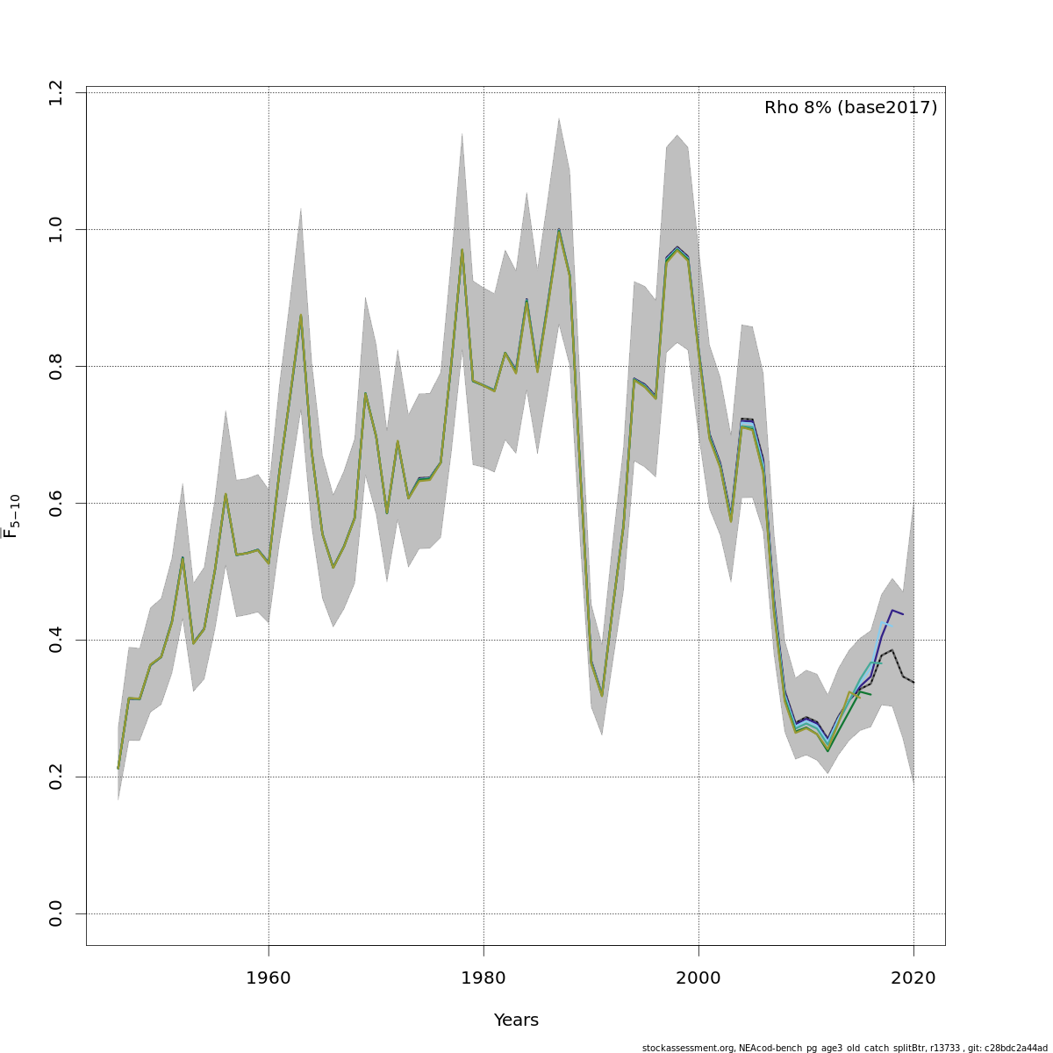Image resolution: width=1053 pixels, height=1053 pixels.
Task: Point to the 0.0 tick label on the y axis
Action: click(56, 913)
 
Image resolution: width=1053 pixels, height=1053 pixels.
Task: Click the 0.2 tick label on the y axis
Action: click(56, 777)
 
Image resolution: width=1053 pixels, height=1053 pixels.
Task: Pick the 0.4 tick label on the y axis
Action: click(56, 640)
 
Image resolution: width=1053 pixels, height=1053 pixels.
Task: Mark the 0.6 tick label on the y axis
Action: click(56, 503)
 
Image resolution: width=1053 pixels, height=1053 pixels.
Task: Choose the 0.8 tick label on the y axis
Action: click(56, 366)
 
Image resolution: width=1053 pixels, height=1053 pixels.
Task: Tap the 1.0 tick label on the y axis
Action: click(56, 229)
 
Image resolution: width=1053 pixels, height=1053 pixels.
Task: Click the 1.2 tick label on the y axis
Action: click(56, 92)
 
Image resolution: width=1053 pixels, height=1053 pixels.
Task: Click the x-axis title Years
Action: click(516, 1021)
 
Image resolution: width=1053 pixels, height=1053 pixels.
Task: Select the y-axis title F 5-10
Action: click(11, 516)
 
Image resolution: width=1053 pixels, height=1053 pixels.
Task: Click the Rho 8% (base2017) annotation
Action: click(850, 108)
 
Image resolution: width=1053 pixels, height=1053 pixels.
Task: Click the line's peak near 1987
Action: click(559, 230)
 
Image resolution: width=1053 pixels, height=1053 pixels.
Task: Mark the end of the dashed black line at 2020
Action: click(913, 683)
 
